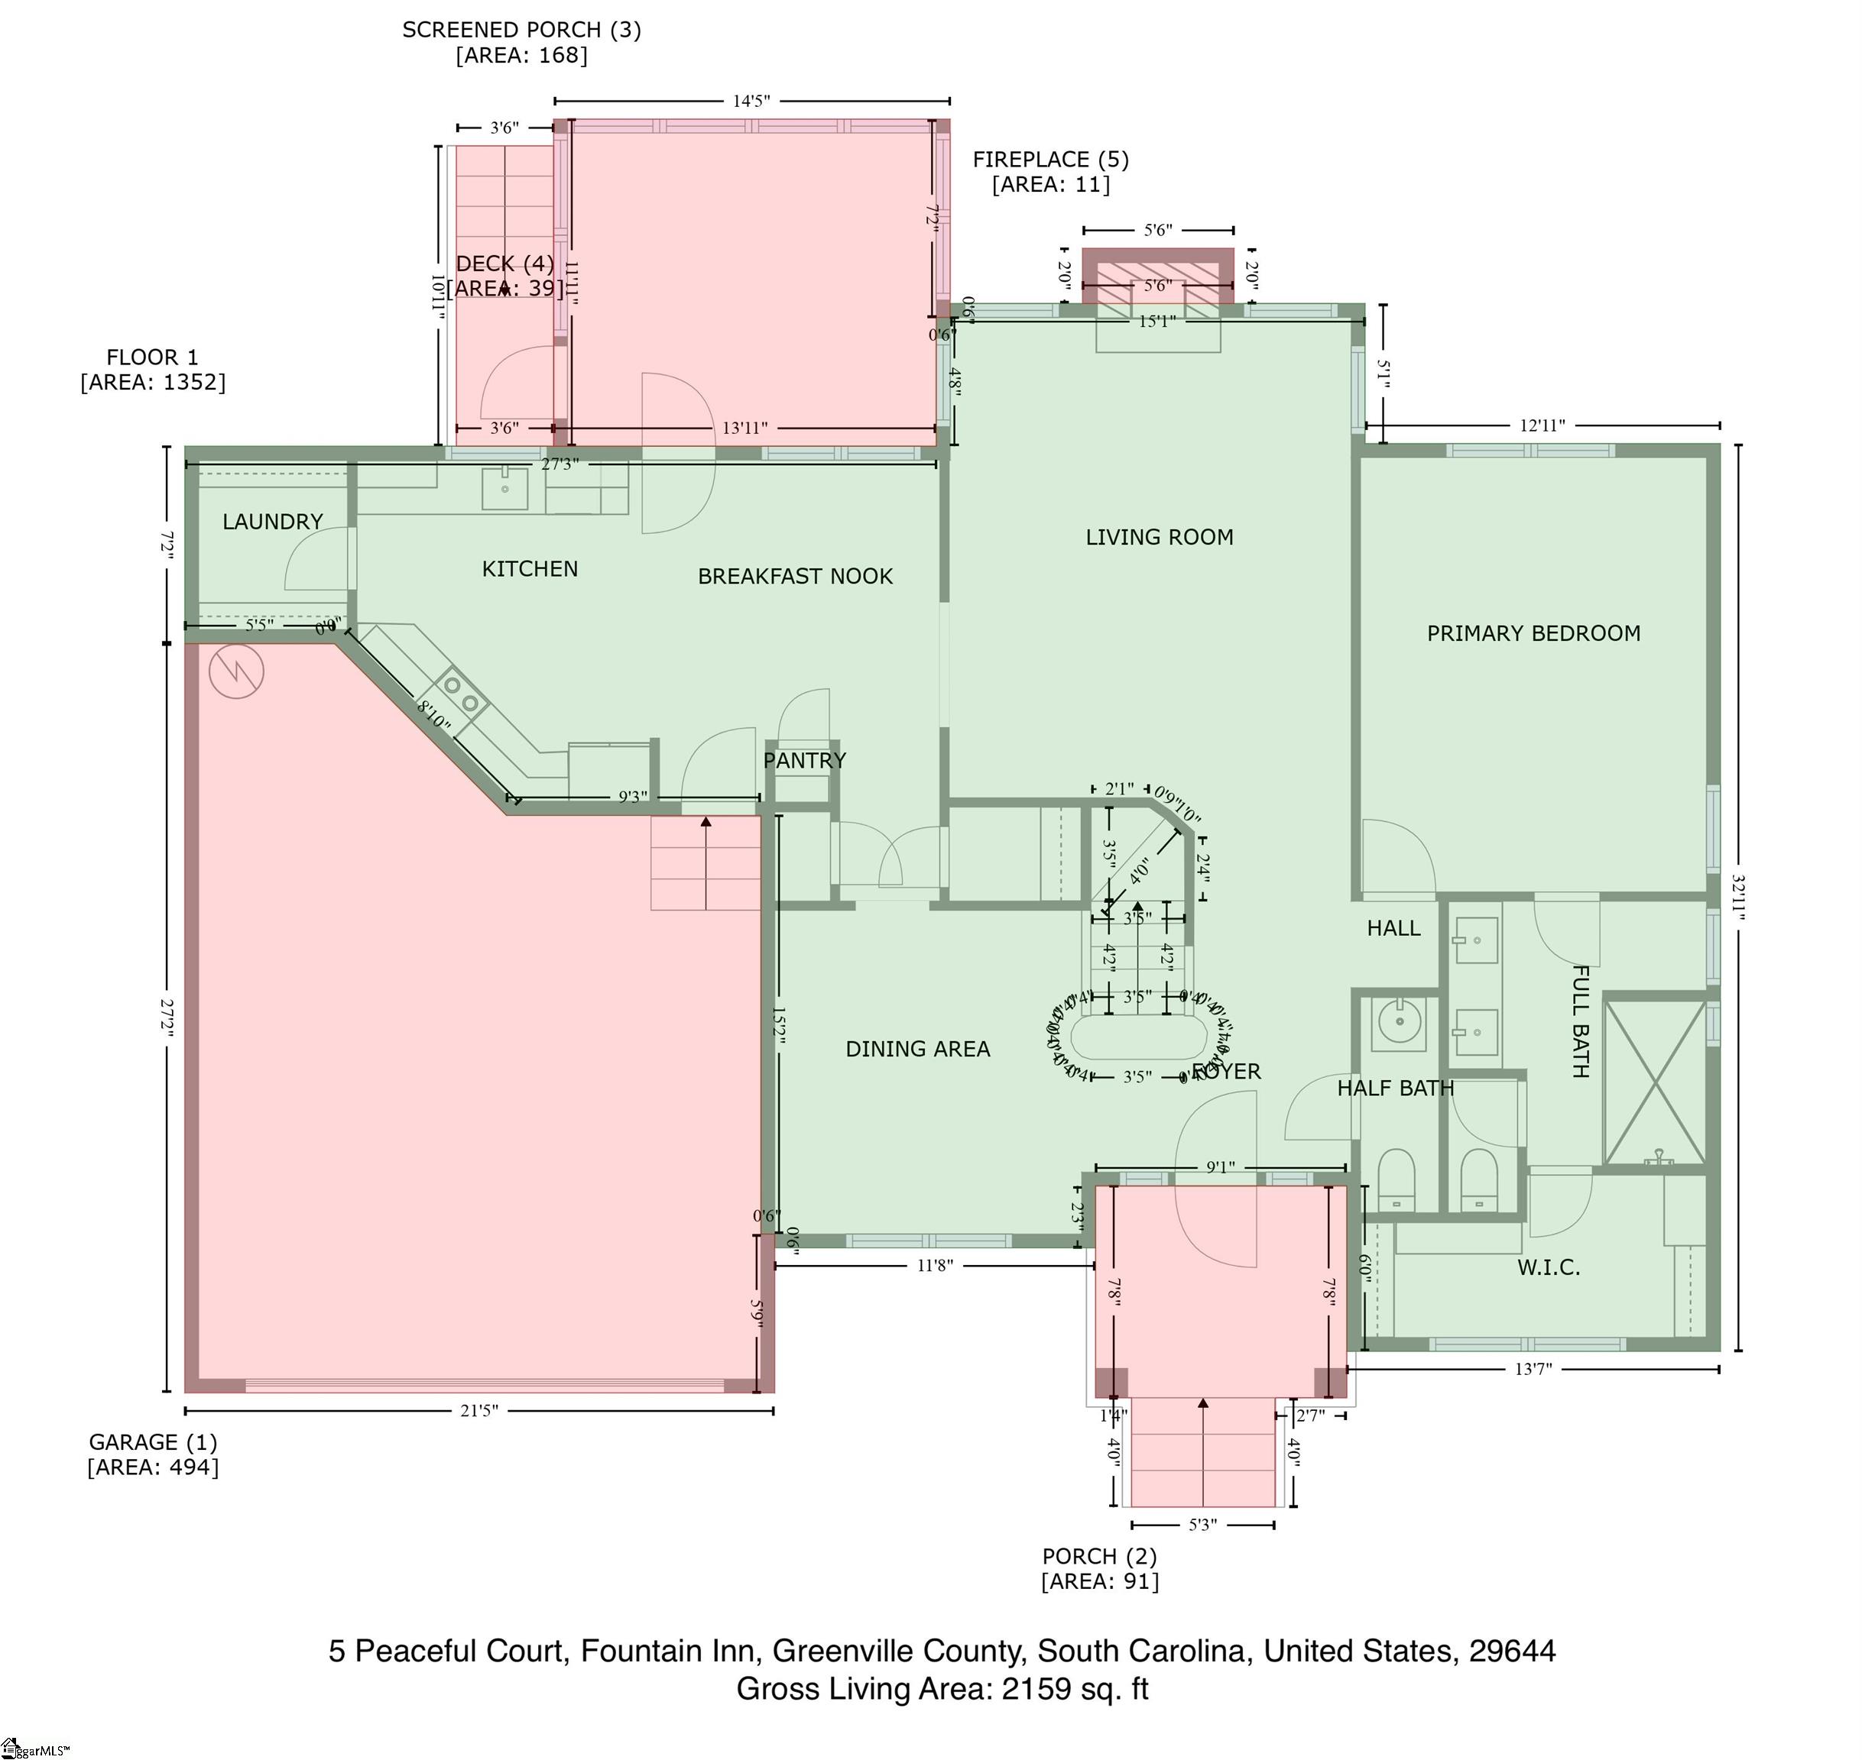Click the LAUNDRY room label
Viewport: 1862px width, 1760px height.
(272, 522)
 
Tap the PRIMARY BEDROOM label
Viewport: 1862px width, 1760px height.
(1533, 633)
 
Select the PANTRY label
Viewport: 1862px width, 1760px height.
(804, 760)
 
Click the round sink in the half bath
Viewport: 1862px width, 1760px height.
(1398, 1021)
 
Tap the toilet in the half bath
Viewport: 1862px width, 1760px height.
(1396, 1180)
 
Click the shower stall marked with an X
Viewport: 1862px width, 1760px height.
(1655, 1082)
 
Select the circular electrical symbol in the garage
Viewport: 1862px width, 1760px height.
(235, 671)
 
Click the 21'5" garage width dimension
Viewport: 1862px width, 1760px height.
(478, 1410)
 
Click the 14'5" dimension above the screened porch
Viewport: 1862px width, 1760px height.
(751, 102)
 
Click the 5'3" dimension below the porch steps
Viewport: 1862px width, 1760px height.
(1202, 1525)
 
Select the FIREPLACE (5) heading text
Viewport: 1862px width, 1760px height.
(1050, 160)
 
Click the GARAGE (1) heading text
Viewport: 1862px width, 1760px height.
(153, 1442)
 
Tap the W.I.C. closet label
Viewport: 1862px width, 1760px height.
(1549, 1267)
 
